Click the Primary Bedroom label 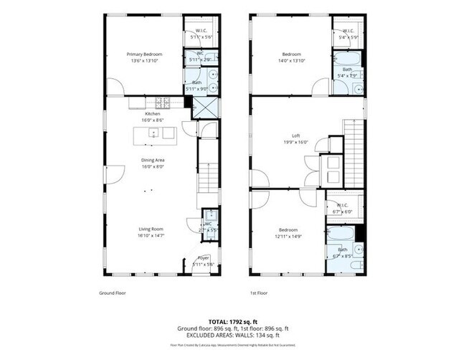pyautogui.click(x=145, y=55)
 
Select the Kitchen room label pyautogui.click(x=152, y=114)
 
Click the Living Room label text pyautogui.click(x=151, y=229)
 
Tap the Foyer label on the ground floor pyautogui.click(x=204, y=257)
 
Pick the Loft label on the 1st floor pyautogui.click(x=295, y=136)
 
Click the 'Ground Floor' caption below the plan pyautogui.click(x=113, y=293)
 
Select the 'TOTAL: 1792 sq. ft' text pyautogui.click(x=232, y=321)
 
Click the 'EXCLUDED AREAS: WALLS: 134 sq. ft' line pyautogui.click(x=232, y=335)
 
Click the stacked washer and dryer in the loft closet pyautogui.click(x=333, y=170)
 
